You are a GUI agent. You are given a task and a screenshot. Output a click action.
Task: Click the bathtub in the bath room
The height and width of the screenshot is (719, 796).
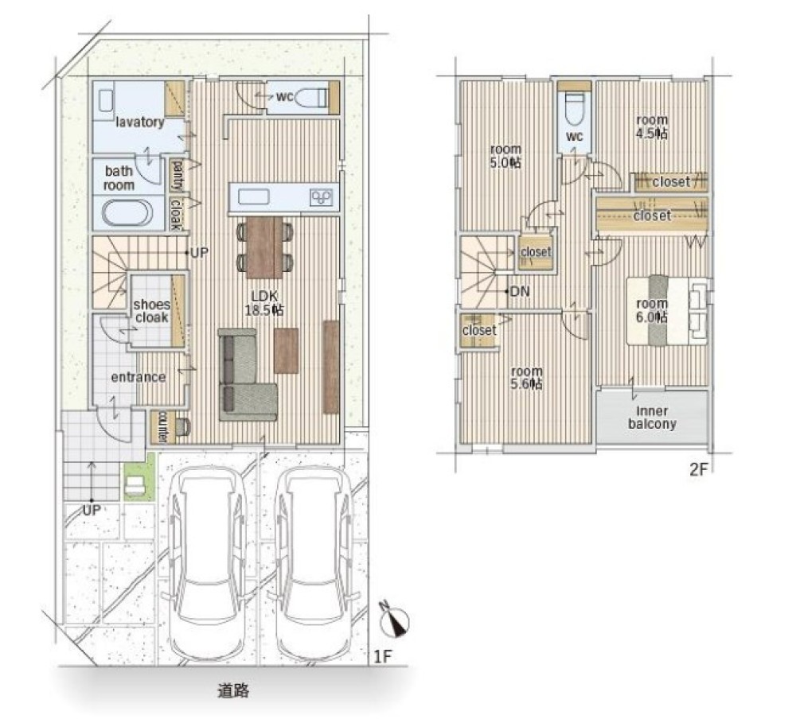click(x=127, y=212)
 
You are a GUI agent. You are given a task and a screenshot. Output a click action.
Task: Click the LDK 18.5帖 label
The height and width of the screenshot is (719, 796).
click(x=264, y=303)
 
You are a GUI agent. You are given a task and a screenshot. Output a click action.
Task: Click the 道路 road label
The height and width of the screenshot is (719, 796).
click(x=233, y=690)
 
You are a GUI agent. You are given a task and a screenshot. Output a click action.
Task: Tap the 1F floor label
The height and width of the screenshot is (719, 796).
click(x=384, y=657)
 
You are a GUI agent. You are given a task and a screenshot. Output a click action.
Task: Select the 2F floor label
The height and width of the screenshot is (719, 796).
click(x=698, y=469)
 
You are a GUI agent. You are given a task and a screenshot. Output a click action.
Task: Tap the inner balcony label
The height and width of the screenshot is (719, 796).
click(x=652, y=417)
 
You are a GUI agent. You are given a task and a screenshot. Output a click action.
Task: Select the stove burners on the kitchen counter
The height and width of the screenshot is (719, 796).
click(x=322, y=197)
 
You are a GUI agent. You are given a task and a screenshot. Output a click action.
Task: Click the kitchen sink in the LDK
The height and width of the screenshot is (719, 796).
click(x=253, y=196)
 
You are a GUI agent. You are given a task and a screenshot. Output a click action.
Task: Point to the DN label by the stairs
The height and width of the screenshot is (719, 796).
click(x=519, y=291)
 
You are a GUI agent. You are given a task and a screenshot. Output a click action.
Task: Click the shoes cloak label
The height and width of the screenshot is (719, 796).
click(x=152, y=310)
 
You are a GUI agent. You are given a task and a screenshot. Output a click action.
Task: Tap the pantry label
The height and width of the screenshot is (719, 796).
click(x=178, y=174)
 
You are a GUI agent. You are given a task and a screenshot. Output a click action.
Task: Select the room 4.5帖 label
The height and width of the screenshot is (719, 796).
click(x=652, y=126)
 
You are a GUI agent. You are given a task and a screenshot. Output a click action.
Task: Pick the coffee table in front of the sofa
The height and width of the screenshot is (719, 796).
click(x=287, y=351)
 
